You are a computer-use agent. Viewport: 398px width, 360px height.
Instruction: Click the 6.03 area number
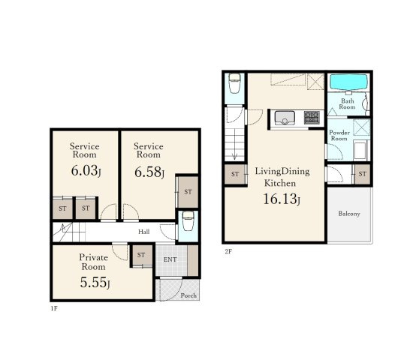pyautogui.click(x=86, y=170)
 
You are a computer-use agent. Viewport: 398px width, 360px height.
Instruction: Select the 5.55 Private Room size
pyautogui.click(x=95, y=282)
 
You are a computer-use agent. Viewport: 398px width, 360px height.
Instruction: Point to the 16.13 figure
pyautogui.click(x=282, y=199)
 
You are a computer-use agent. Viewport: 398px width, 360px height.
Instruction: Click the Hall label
pyautogui.click(x=143, y=232)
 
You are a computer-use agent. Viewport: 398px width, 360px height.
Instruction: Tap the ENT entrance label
pyautogui.click(x=170, y=259)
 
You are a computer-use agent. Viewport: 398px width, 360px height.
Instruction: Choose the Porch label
pyautogui.click(x=188, y=295)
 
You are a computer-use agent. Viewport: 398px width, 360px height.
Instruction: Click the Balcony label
pyautogui.click(x=349, y=214)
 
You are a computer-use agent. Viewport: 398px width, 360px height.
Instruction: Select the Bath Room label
pyautogui.click(x=348, y=104)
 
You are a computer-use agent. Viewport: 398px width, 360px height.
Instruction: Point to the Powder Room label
pyautogui.click(x=339, y=136)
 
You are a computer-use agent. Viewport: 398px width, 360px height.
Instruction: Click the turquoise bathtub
pyautogui.click(x=348, y=82)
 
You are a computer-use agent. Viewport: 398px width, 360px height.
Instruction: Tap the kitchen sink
pyautogui.click(x=285, y=118)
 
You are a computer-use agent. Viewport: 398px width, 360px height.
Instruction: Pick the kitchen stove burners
pyautogui.click(x=312, y=118)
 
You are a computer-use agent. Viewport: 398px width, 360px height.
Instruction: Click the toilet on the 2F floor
pyautogui.click(x=234, y=83)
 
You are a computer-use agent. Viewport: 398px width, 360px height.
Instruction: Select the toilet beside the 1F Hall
pyautogui.click(x=188, y=221)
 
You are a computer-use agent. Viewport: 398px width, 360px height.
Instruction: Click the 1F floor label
pyautogui.click(x=54, y=308)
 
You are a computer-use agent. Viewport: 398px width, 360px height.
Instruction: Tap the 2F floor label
pyautogui.click(x=228, y=251)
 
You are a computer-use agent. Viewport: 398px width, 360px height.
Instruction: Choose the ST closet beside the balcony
pyautogui.click(x=362, y=174)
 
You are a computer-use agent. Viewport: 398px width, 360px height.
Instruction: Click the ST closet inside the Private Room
pyautogui.click(x=142, y=255)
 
